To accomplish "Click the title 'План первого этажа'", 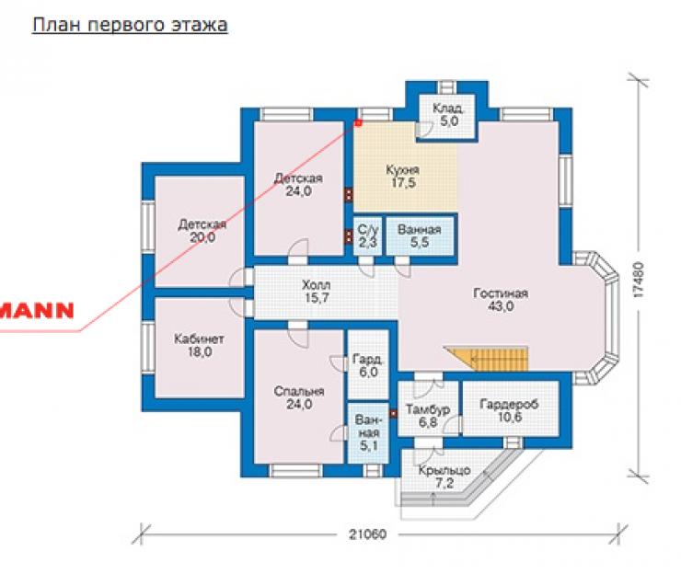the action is click(130, 25).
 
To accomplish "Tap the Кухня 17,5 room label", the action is click(403, 177).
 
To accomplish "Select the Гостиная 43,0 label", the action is click(501, 300).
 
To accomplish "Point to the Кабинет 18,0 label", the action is click(200, 345).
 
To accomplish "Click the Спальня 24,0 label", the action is click(299, 397).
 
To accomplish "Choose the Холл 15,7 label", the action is click(317, 292).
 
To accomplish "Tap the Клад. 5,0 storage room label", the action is click(449, 115).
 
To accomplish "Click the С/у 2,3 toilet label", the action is click(368, 236).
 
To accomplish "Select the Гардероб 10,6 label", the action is click(509, 411).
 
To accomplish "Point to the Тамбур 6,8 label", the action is click(428, 416).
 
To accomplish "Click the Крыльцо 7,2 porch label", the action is click(444, 476).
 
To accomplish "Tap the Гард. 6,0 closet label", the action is click(368, 365).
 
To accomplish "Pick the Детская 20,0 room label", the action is click(202, 231).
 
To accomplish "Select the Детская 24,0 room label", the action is click(298, 185).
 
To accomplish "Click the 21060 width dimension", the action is click(367, 534).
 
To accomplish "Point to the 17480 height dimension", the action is click(639, 280).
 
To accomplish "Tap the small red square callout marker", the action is click(358, 123).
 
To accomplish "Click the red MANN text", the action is click(37, 310).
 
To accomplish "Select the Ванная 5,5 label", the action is click(419, 235).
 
